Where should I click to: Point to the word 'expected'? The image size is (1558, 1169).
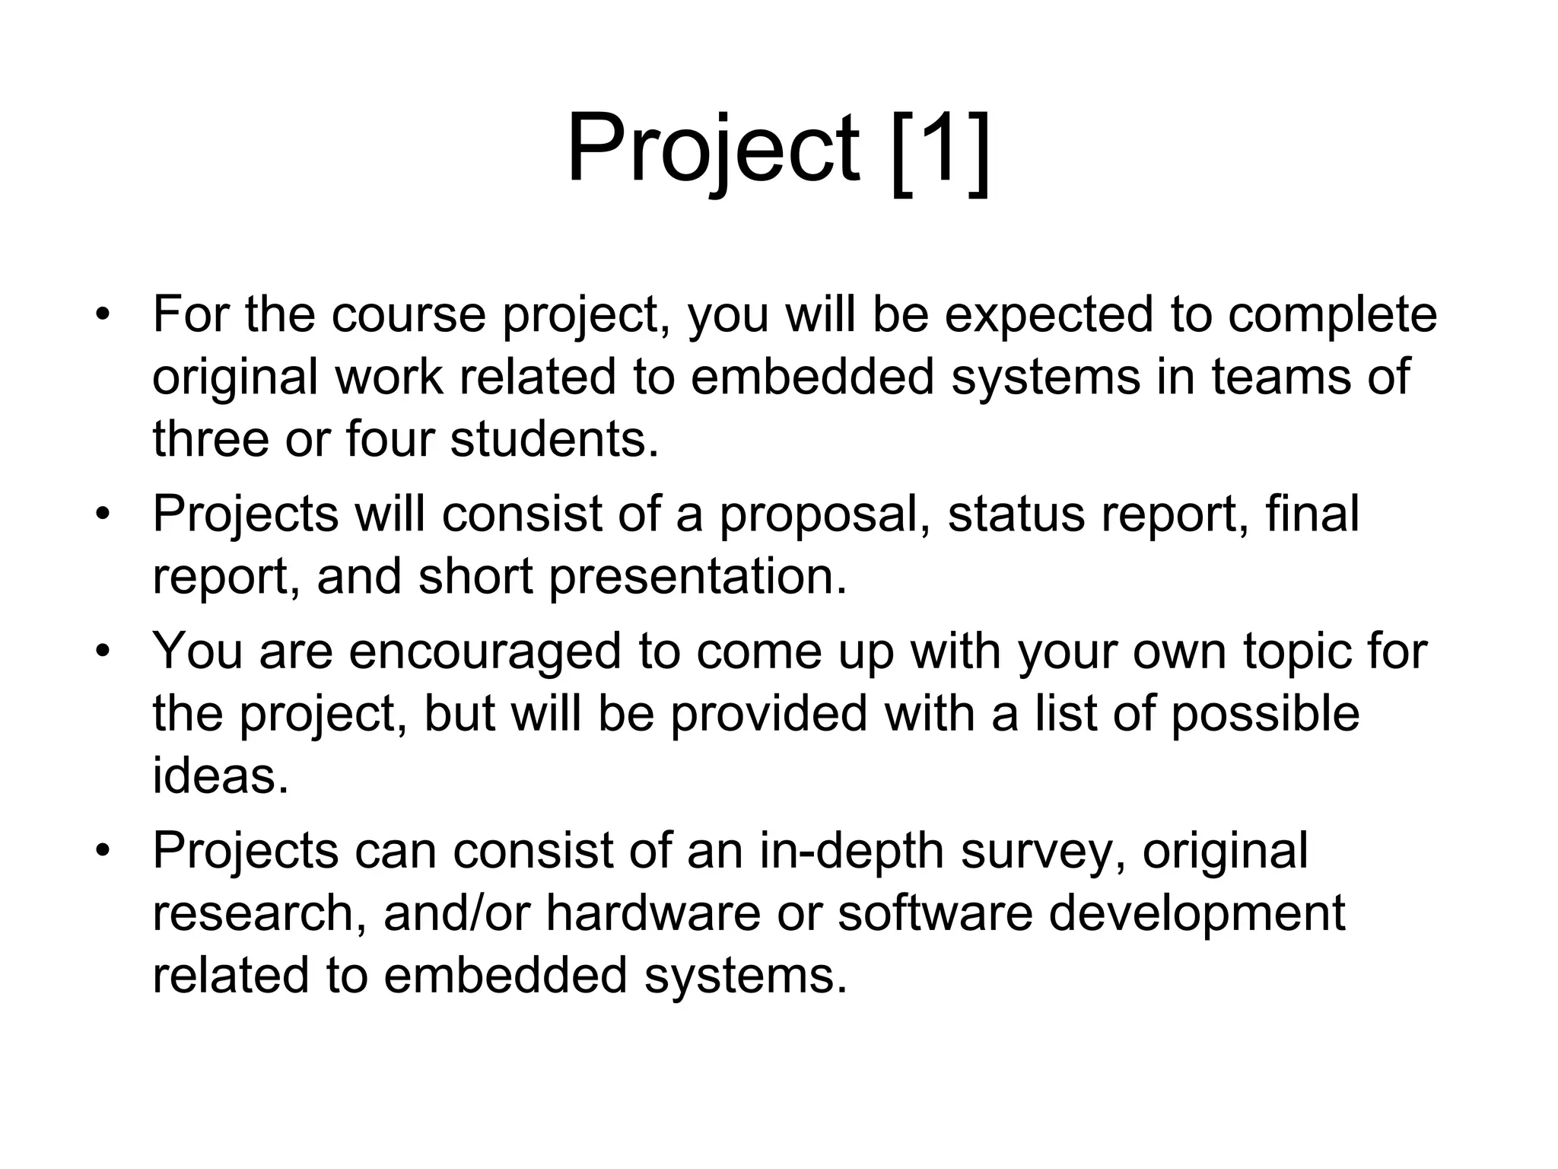1049,314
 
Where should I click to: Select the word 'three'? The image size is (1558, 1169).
210,439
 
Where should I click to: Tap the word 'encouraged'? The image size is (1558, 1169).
485,652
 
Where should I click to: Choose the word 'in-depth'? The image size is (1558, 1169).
852,851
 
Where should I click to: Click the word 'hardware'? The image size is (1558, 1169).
653,913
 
